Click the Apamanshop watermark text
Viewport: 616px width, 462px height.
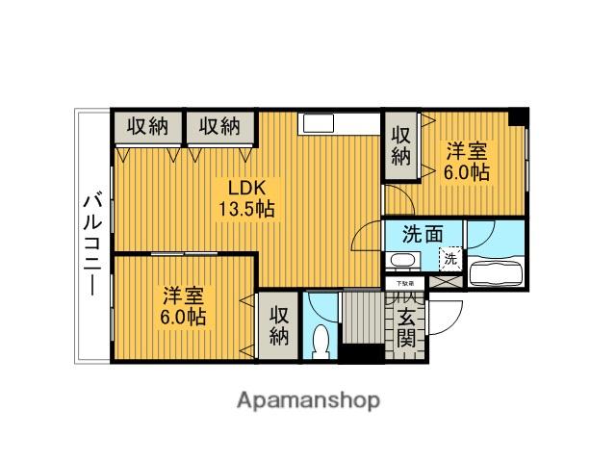(308, 399)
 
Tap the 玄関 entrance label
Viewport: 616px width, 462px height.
(407, 326)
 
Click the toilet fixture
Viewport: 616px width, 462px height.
(321, 342)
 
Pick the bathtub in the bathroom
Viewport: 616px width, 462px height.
(497, 272)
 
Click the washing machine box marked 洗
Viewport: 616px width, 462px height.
(449, 258)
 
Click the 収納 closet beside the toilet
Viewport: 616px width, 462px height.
(278, 326)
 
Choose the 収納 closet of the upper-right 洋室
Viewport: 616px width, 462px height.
(399, 145)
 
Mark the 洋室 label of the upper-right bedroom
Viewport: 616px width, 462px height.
(465, 152)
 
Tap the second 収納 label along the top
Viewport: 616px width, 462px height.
(219, 126)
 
